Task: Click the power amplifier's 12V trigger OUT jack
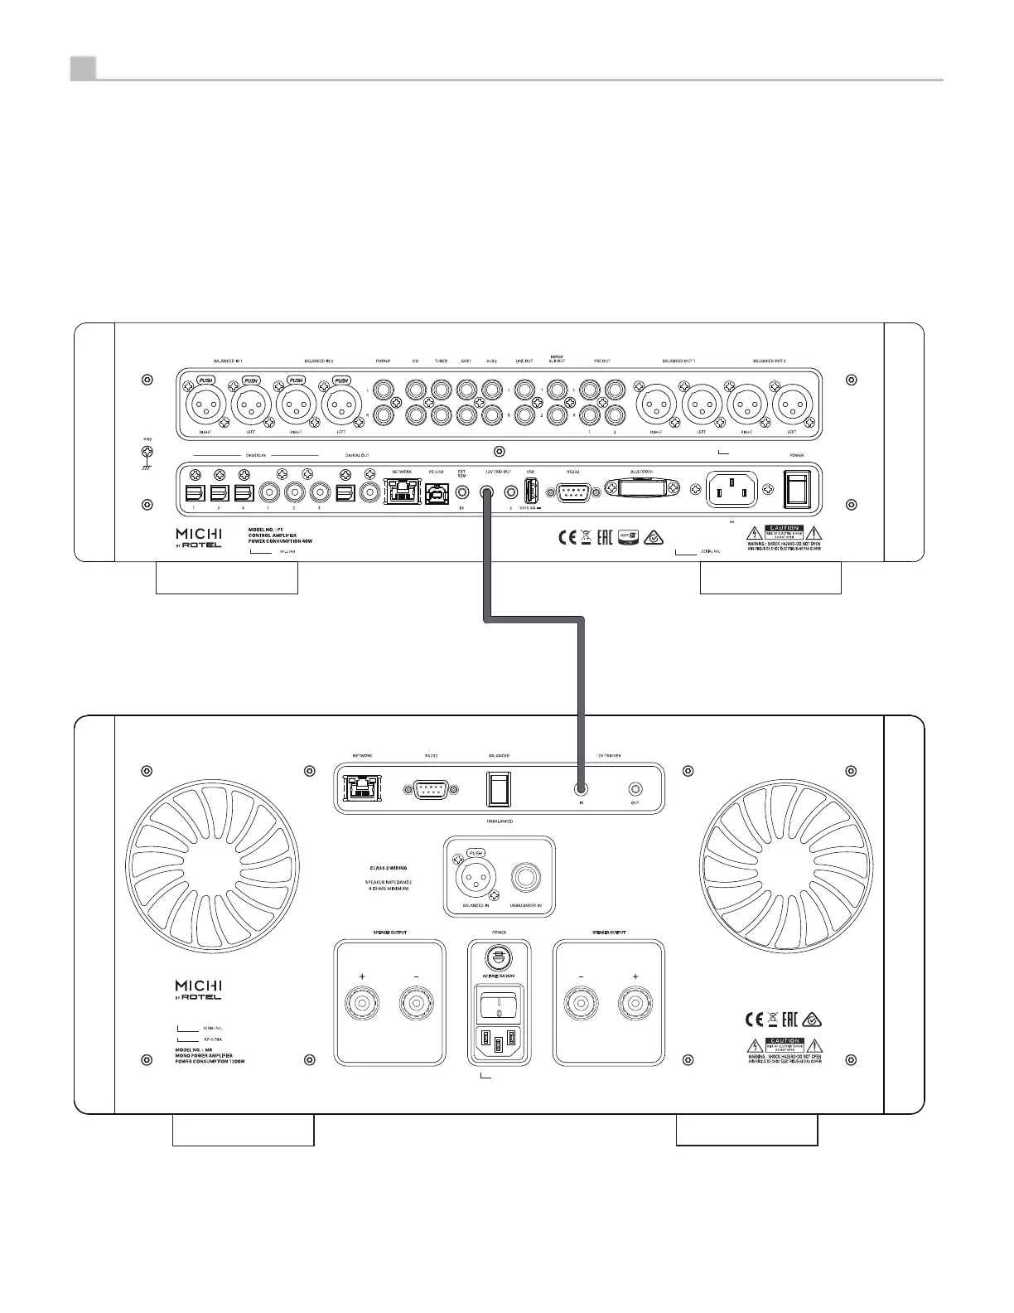pyautogui.click(x=635, y=790)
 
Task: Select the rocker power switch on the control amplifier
pyautogui.click(x=797, y=490)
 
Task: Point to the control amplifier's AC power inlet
pyautogui.click(x=732, y=490)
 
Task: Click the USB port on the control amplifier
pyautogui.click(x=531, y=491)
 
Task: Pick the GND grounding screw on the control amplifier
pyautogui.click(x=147, y=452)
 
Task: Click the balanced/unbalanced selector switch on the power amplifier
pyautogui.click(x=499, y=789)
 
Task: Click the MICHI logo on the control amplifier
pyautogui.click(x=199, y=536)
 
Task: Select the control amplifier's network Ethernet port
pyautogui.click(x=402, y=491)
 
